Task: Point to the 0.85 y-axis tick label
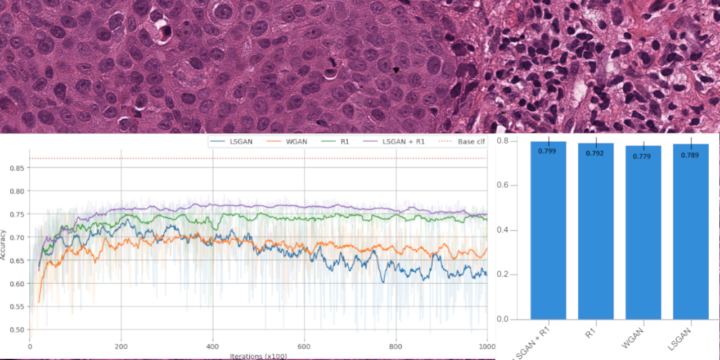tap(17, 167)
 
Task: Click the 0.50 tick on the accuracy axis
tap(17, 330)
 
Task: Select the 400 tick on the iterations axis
tap(213, 347)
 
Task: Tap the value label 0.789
tap(691, 154)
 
